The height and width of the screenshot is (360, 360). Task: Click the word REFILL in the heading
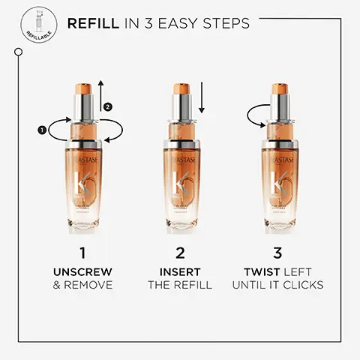pyautogui.click(x=92, y=24)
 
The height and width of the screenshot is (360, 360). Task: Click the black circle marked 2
pyautogui.click(x=107, y=106)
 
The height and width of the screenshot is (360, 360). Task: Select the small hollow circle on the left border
pyautogui.click(x=17, y=51)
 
